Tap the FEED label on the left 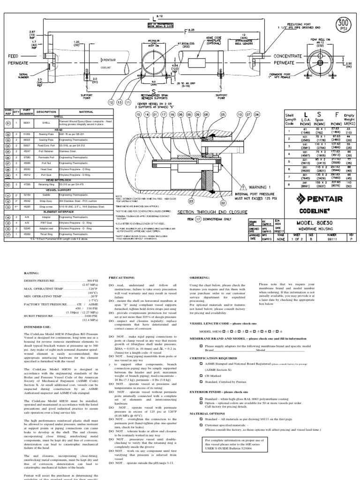(x=14, y=56)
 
